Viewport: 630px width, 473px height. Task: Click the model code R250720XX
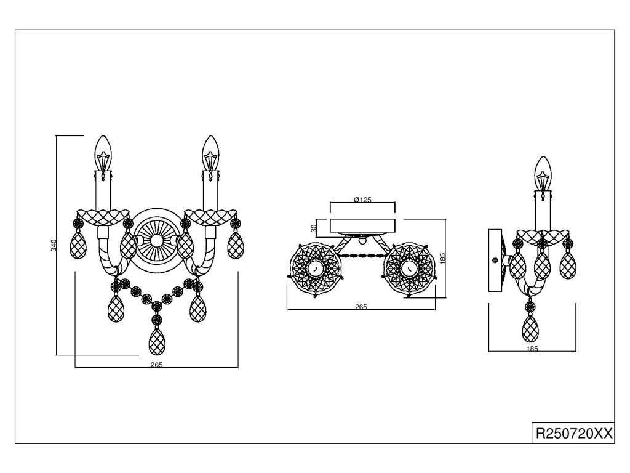[575, 433]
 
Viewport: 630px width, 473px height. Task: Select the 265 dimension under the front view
[156, 364]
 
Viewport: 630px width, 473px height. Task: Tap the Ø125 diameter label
[362, 200]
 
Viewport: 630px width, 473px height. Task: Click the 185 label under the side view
[532, 349]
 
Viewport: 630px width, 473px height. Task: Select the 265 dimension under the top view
[361, 307]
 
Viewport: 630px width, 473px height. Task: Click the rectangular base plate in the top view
[362, 224]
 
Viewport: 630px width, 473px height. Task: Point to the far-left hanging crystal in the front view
[79, 244]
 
